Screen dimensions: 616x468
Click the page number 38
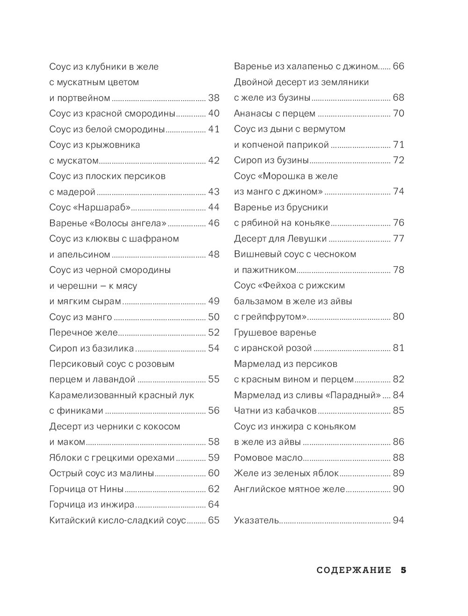click(213, 98)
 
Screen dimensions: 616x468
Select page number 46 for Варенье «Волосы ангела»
click(213, 223)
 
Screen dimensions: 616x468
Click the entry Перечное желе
click(83, 333)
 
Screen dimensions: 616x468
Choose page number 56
click(213, 411)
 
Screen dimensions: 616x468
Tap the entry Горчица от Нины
click(86, 489)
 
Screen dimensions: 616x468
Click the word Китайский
click(70, 521)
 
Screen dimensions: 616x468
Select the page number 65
click(213, 521)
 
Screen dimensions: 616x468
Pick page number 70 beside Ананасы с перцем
click(398, 113)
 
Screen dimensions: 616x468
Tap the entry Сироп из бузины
click(271, 161)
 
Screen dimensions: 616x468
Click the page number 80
click(398, 317)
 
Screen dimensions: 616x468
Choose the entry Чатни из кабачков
click(275, 411)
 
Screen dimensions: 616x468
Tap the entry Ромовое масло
click(268, 458)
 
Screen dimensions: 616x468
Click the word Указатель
click(256, 521)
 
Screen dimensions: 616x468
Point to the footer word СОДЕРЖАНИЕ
click(354, 570)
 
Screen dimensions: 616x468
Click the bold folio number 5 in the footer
click(403, 570)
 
